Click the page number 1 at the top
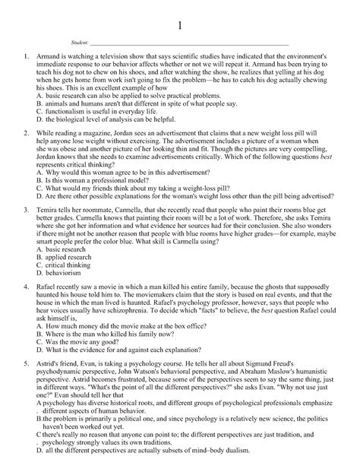click(180, 25)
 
